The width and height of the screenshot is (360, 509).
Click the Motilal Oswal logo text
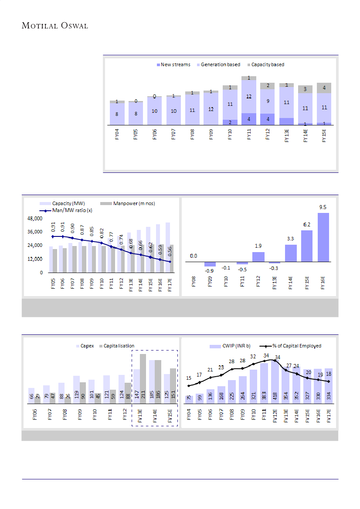55,26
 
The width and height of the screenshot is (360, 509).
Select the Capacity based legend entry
267,64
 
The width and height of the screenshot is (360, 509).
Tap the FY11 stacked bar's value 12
248,97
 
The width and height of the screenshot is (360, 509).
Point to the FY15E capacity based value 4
324,88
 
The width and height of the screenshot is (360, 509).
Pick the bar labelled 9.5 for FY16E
323,237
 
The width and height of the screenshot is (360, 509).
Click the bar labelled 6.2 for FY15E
307,246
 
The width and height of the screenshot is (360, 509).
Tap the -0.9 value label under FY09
209,271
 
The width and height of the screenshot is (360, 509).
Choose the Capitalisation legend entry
119,346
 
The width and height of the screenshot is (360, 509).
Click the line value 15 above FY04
189,378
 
